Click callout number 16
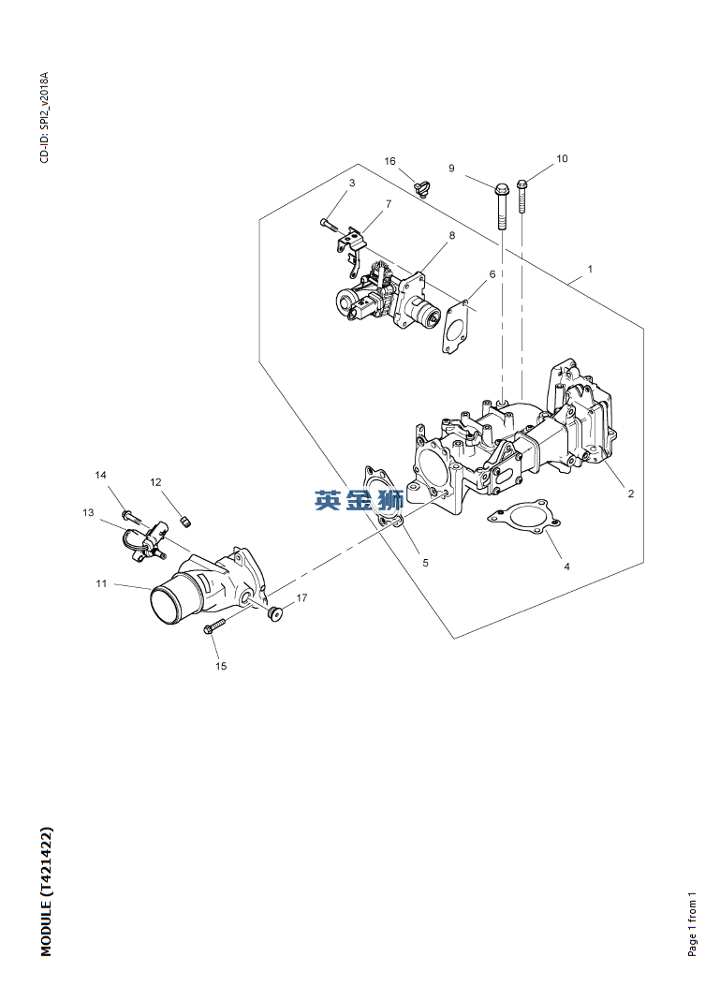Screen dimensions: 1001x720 (x=389, y=162)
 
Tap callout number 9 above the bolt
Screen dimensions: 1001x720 (x=451, y=169)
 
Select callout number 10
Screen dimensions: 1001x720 (x=562, y=159)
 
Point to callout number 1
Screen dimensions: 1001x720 (x=590, y=269)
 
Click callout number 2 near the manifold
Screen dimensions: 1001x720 (x=631, y=493)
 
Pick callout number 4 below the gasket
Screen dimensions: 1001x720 (x=566, y=567)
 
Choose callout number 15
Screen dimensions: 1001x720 (x=221, y=667)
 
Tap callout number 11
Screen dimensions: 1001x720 (x=101, y=583)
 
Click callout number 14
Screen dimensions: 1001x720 (x=101, y=476)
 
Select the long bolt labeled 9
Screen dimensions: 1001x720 (x=501, y=204)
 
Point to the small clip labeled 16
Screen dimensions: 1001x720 (x=421, y=188)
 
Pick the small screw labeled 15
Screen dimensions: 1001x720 (x=214, y=626)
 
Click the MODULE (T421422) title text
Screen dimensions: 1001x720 (x=47, y=891)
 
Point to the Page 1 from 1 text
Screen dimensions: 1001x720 (x=693, y=923)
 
